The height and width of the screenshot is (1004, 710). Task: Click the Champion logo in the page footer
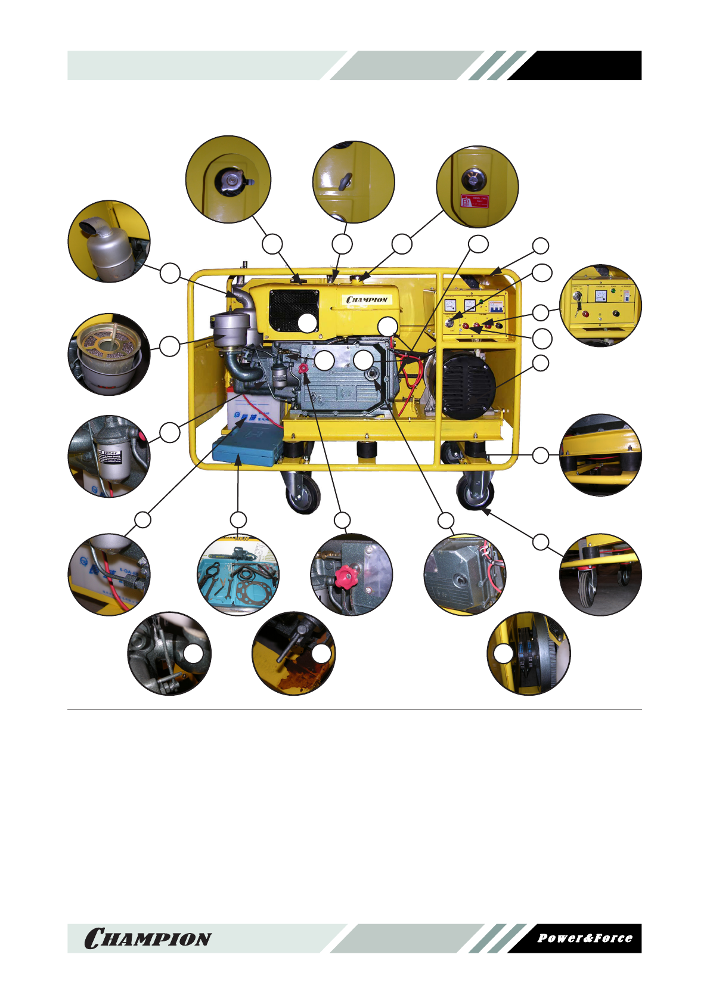pyautogui.click(x=148, y=938)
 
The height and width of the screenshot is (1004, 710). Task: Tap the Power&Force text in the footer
pyautogui.click(x=584, y=938)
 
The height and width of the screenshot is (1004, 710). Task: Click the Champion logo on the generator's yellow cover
pyautogui.click(x=367, y=299)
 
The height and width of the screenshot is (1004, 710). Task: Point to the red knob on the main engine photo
pyautogui.click(x=303, y=368)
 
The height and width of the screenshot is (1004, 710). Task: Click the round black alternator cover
pyautogui.click(x=469, y=386)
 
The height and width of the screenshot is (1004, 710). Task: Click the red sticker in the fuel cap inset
pyautogui.click(x=475, y=201)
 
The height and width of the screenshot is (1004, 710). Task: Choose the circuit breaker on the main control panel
pyautogui.click(x=496, y=306)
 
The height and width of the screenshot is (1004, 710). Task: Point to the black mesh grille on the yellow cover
pyautogui.click(x=293, y=310)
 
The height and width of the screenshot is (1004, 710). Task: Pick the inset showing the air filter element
pyautogui.click(x=109, y=354)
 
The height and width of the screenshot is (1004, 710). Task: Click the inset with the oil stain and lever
pyautogui.click(x=293, y=653)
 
